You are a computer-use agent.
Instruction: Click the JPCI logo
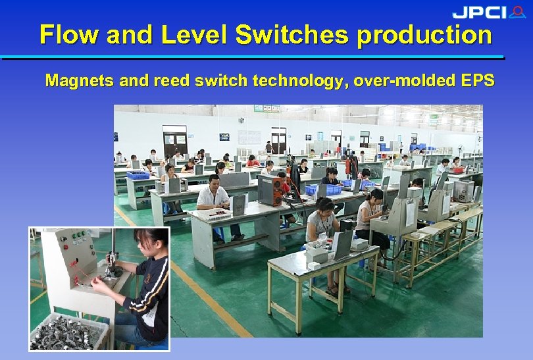click(488, 12)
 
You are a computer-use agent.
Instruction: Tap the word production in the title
click(424, 35)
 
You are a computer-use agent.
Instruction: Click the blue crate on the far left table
click(138, 175)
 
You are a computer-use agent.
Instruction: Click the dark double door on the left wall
click(175, 141)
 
